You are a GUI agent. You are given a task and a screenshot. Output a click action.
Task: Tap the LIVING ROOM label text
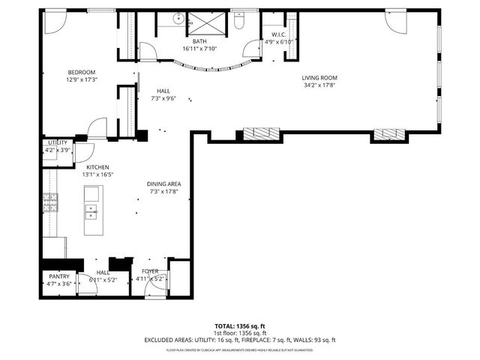point(319,77)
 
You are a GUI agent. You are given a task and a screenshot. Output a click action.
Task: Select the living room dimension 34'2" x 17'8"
point(319,85)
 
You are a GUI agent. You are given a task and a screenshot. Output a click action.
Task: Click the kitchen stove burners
point(50,203)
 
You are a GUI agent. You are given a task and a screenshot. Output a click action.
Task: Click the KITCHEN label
point(98,166)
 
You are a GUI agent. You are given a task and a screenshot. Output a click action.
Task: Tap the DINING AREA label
point(163,184)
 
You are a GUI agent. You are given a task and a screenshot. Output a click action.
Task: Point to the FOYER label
point(148,271)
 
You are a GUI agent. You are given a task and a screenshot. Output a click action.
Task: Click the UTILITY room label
point(58,142)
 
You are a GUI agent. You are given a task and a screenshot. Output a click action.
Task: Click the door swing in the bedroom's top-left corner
point(52,22)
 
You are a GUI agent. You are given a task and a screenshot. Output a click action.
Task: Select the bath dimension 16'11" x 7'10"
point(199,49)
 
